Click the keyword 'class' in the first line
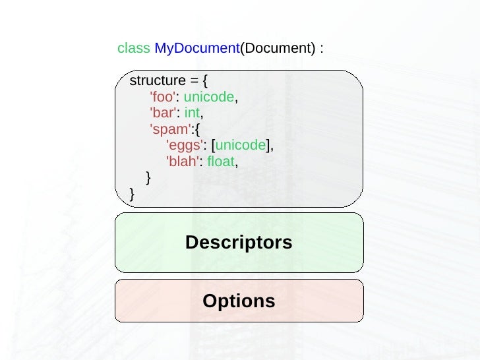pyautogui.click(x=133, y=49)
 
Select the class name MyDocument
pyautogui.click(x=196, y=49)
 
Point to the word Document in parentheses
pyautogui.click(x=277, y=49)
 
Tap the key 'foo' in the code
pyautogui.click(x=162, y=98)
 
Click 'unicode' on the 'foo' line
pyautogui.click(x=208, y=98)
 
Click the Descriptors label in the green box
pyautogui.click(x=239, y=243)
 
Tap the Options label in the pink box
pyautogui.click(x=239, y=301)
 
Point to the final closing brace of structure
pyautogui.click(x=132, y=194)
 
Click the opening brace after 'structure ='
pyautogui.click(x=205, y=81)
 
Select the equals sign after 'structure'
pyautogui.click(x=194, y=81)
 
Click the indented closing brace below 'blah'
pyautogui.click(x=148, y=177)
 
